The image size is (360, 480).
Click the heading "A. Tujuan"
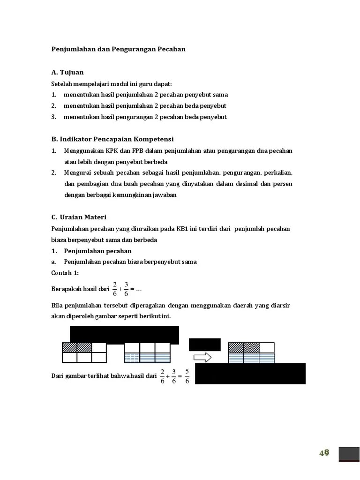click(67, 72)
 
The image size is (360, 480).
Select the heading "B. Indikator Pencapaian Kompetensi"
click(112, 139)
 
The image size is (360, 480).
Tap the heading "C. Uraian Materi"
click(79, 217)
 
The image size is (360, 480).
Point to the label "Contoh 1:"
click(65, 273)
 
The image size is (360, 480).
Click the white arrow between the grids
click(202, 357)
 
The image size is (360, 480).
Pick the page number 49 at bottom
click(324, 453)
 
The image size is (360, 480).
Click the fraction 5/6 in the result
click(187, 376)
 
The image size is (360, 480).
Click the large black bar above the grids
click(124, 335)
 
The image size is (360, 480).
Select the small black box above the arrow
click(204, 344)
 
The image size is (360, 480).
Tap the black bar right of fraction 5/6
click(250, 374)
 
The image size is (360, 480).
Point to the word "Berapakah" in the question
click(65, 289)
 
